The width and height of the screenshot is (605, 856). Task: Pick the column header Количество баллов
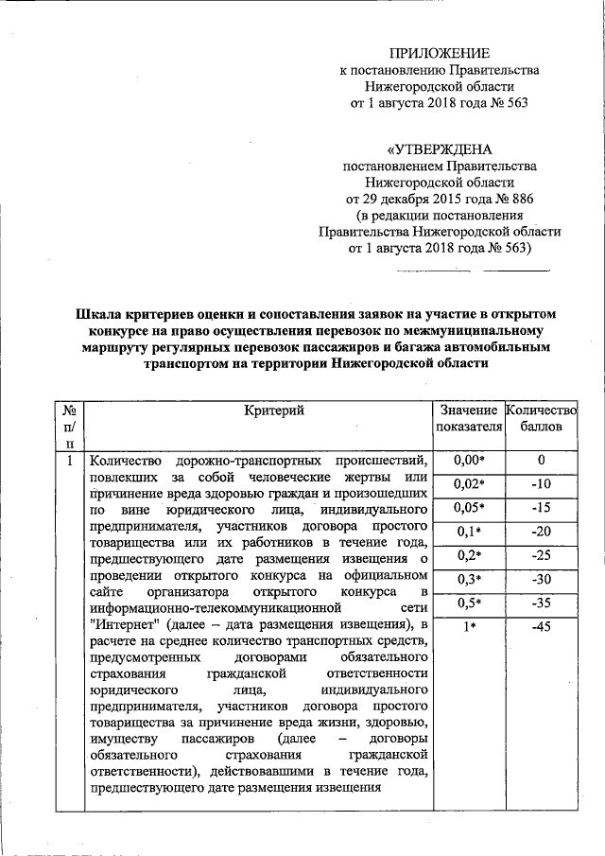pos(541,418)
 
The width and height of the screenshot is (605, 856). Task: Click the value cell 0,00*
pos(469,461)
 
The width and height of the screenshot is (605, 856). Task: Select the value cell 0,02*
pos(469,484)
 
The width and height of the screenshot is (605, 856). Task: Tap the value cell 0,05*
pos(469,508)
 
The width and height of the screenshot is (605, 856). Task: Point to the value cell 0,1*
pos(469,532)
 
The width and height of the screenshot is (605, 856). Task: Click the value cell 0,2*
pos(469,555)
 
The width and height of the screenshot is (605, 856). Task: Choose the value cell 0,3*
pos(469,579)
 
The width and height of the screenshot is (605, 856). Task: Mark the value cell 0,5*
pos(469,603)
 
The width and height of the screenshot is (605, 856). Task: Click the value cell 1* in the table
pos(469,626)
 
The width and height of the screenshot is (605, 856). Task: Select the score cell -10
pos(541,484)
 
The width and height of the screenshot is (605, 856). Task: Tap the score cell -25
pos(541,555)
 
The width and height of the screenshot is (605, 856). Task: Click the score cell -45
pos(541,626)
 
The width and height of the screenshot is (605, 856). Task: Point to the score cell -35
pos(541,603)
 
